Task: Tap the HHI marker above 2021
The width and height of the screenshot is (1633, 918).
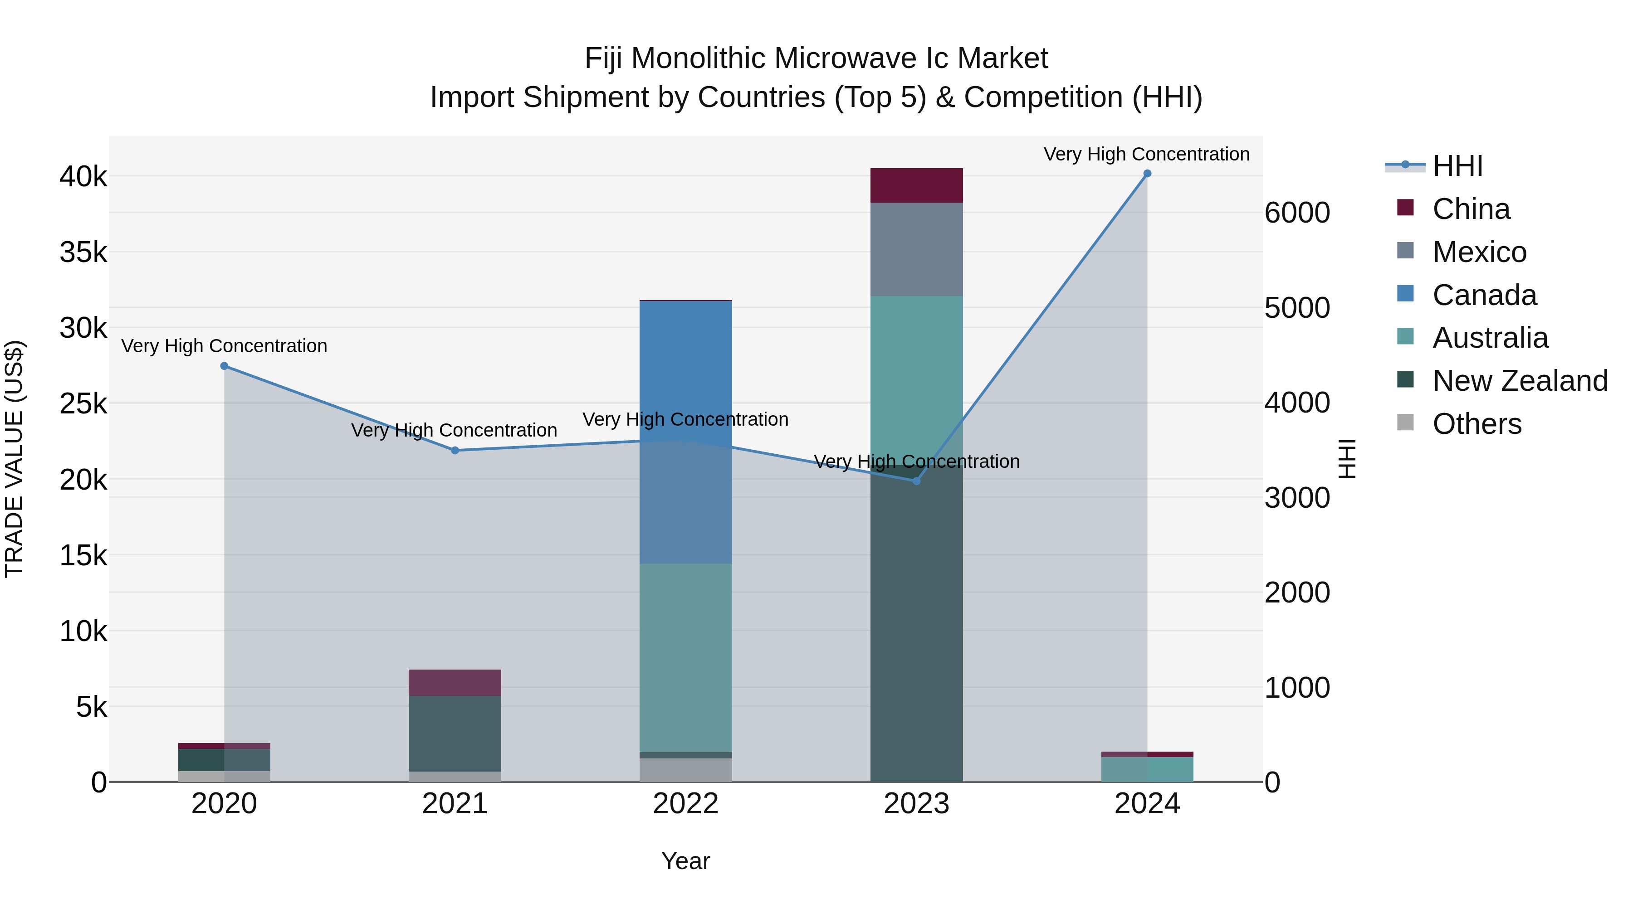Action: click(455, 451)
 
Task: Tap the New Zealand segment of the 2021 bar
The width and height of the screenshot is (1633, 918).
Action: click(455, 733)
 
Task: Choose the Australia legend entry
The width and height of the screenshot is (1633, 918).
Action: click(1490, 338)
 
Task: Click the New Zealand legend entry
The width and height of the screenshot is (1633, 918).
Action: click(1520, 381)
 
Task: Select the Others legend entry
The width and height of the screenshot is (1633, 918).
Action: click(1477, 424)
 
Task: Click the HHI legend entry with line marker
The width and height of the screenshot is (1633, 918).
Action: click(1457, 166)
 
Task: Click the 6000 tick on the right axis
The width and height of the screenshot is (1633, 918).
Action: click(1297, 213)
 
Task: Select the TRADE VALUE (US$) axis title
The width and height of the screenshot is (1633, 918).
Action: click(14, 459)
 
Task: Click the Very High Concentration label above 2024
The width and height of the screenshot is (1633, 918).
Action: click(1146, 154)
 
